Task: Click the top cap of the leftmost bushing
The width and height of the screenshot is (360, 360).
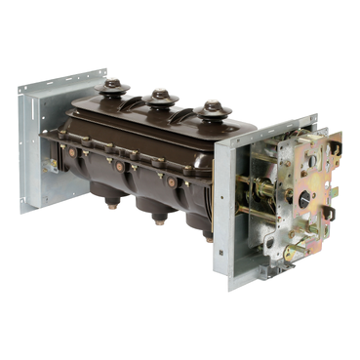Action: (x=114, y=86)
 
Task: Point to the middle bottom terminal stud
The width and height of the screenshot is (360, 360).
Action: (x=159, y=220)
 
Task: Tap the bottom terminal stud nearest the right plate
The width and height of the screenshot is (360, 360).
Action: (x=208, y=235)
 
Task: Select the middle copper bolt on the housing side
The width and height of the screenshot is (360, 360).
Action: (x=119, y=166)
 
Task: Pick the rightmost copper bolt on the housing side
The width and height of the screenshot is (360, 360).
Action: (x=172, y=181)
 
